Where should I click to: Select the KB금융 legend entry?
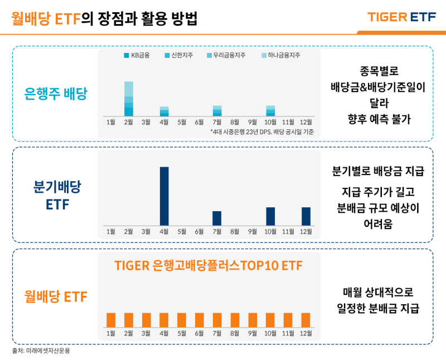(x=138, y=56)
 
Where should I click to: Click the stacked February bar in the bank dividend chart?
(x=129, y=99)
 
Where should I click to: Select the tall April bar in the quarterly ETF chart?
(x=164, y=196)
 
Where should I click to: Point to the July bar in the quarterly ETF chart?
(x=217, y=218)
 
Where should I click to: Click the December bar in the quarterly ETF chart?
(x=306, y=216)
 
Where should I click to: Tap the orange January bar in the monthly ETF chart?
(x=111, y=320)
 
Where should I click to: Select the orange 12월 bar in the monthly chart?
(x=306, y=320)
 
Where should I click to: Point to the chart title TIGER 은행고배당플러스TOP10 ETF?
(x=209, y=266)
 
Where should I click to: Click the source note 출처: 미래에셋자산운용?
(x=41, y=351)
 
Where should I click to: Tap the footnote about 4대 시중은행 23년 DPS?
(x=262, y=132)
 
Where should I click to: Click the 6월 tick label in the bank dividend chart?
(x=199, y=121)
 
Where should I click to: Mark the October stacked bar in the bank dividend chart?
(x=270, y=110)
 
